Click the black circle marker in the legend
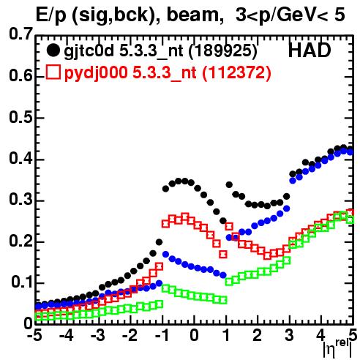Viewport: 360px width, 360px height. pyautogui.click(x=53, y=50)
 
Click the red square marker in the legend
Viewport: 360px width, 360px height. pyautogui.click(x=53, y=72)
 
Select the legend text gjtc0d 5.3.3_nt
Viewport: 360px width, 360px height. pyautogui.click(x=124, y=51)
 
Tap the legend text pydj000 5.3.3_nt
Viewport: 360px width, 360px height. pyautogui.click(x=130, y=73)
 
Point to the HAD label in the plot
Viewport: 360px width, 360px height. pyautogui.click(x=310, y=50)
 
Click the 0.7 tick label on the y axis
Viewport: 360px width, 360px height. pyautogui.click(x=20, y=34)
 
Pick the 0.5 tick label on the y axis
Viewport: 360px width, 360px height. pyautogui.click(x=20, y=118)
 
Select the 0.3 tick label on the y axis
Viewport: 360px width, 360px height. pyautogui.click(x=20, y=200)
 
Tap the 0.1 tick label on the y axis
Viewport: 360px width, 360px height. pyautogui.click(x=21, y=282)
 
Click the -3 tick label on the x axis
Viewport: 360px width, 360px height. pyautogui.click(x=98, y=335)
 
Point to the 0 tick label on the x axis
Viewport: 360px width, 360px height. pyautogui.click(x=194, y=335)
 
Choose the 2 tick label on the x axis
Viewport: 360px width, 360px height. pyautogui.click(x=258, y=335)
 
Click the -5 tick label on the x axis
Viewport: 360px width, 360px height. pyautogui.click(x=34, y=335)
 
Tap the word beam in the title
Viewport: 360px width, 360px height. pyautogui.click(x=195, y=15)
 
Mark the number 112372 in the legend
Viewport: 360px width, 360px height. pyautogui.click(x=236, y=72)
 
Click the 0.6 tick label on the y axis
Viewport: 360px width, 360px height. pyautogui.click(x=20, y=76)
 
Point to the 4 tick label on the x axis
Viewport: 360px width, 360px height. pyautogui.click(x=320, y=335)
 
